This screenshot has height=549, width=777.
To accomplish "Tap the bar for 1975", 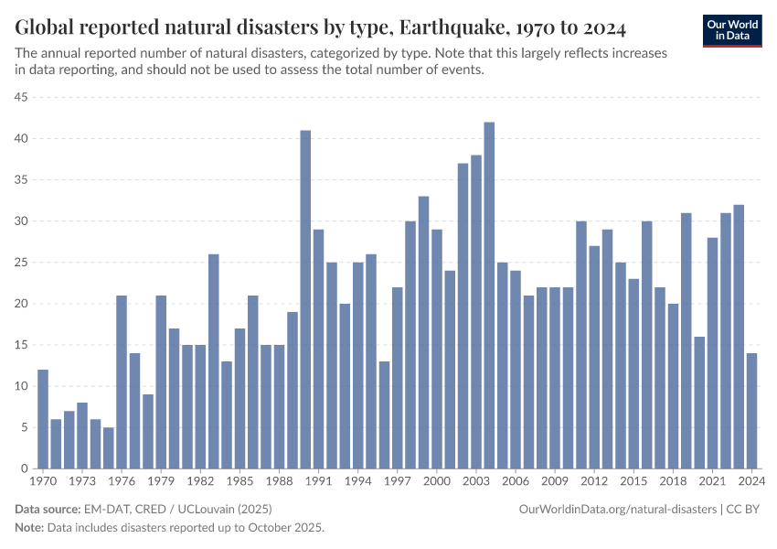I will [109, 447].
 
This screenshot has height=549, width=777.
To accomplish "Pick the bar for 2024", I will [751, 411].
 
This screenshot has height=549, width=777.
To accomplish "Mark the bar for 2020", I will [699, 403].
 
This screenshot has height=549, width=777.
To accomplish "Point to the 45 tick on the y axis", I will [21, 97].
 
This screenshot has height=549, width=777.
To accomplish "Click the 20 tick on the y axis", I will [21, 304].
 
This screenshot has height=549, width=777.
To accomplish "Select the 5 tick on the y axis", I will [25, 427].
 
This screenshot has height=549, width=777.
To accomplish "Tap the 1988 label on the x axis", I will [279, 480].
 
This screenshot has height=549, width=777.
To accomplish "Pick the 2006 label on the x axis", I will [516, 480].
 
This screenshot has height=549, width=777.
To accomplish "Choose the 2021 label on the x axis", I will [712, 480].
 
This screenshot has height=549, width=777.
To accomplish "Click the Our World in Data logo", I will [732, 30].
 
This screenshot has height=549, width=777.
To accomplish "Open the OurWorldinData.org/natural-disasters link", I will [618, 509].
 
